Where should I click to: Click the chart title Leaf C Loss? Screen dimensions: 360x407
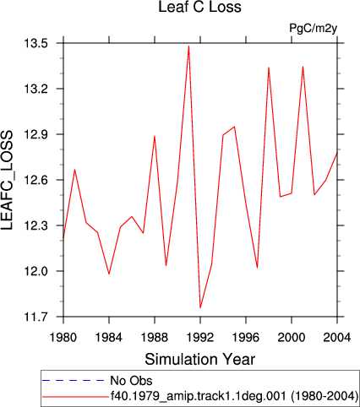click(x=199, y=7)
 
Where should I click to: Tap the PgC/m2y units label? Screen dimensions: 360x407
click(x=314, y=28)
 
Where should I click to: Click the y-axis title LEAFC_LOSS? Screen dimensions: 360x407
click(x=8, y=180)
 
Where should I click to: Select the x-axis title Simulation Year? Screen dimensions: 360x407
click(x=200, y=360)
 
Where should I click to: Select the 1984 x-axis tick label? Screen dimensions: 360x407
click(x=109, y=337)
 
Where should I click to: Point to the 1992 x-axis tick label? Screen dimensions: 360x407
click(x=200, y=337)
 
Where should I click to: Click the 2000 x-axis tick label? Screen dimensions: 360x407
click(x=292, y=337)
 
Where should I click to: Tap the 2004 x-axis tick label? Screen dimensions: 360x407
click(x=337, y=337)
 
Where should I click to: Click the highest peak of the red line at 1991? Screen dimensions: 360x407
click(x=188, y=46)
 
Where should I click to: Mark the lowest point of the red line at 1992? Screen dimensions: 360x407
click(x=200, y=307)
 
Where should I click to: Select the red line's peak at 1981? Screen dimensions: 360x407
click(x=74, y=170)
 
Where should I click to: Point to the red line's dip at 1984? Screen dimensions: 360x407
click(x=109, y=274)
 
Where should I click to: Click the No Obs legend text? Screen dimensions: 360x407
click(x=131, y=381)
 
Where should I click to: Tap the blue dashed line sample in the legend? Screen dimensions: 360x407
click(x=74, y=381)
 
